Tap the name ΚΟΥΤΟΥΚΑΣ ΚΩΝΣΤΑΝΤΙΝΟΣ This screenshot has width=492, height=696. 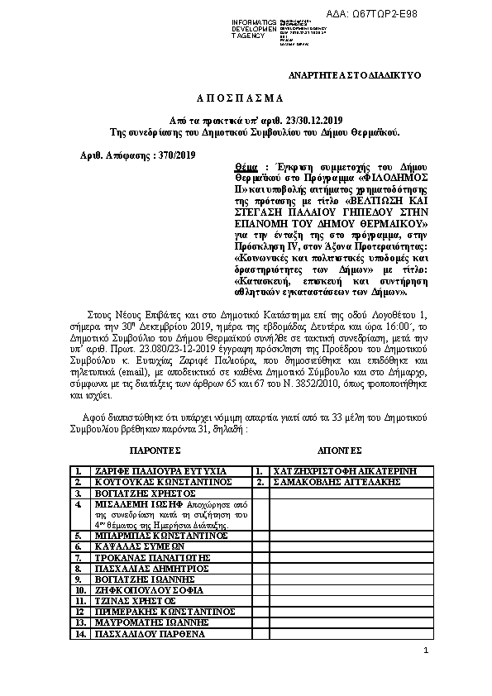(150, 480)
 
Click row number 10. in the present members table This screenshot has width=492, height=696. (80, 591)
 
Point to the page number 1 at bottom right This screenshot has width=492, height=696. (426, 652)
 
